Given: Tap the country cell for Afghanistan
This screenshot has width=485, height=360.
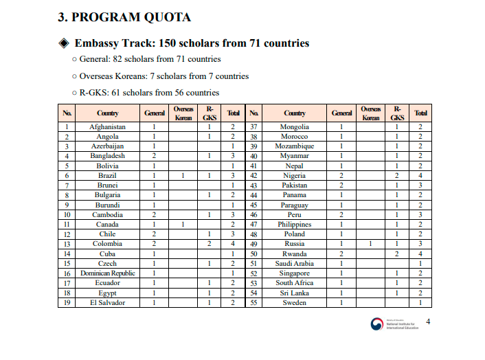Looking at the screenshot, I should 108,127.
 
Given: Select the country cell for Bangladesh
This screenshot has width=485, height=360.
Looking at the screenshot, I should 108,156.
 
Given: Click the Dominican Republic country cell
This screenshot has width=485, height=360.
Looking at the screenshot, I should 108,273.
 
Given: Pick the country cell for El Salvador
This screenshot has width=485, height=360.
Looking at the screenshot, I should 108,303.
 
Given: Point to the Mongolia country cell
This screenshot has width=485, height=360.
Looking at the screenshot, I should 295,127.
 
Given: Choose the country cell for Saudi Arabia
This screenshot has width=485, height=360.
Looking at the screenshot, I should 295,264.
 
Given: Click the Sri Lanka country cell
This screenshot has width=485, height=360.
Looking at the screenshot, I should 295,293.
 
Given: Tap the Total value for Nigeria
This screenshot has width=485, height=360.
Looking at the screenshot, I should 420,176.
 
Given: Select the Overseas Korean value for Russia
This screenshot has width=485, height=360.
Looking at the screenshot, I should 370,244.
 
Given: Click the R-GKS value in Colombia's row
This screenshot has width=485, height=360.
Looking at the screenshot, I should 209,244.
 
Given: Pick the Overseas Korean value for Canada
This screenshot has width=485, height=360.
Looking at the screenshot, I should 183,225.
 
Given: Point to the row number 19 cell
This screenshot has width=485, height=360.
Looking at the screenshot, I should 67,303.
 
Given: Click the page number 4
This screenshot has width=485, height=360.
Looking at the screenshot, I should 429,322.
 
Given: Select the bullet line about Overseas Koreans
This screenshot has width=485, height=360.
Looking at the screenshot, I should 160,76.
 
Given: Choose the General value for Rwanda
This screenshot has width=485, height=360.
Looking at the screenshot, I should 341,254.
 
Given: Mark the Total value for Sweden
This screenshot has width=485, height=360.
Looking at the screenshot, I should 420,303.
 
